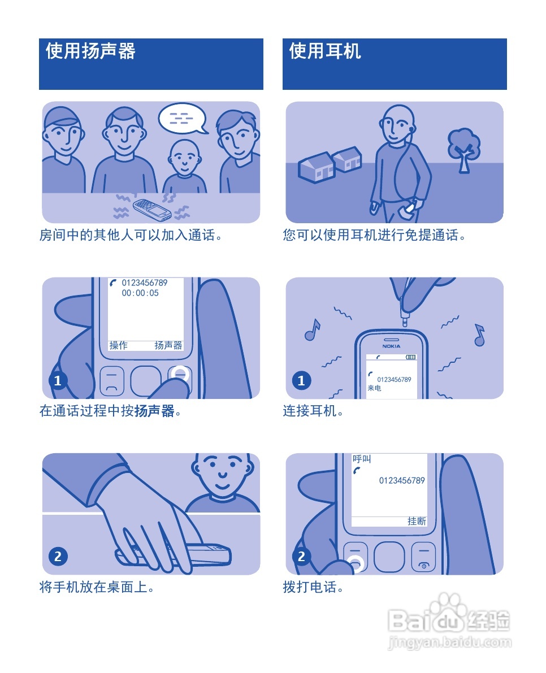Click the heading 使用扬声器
(90, 51)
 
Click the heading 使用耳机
(325, 51)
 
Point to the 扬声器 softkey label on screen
(168, 345)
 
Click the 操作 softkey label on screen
(119, 345)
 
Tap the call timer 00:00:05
(140, 293)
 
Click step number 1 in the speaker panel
(58, 380)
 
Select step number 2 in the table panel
(58, 557)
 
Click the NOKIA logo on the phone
(391, 346)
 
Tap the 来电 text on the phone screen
(374, 388)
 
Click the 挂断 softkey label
(417, 521)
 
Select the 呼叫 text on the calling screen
(361, 459)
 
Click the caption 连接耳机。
(313, 411)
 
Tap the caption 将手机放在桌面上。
(97, 588)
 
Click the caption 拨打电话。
(313, 588)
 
